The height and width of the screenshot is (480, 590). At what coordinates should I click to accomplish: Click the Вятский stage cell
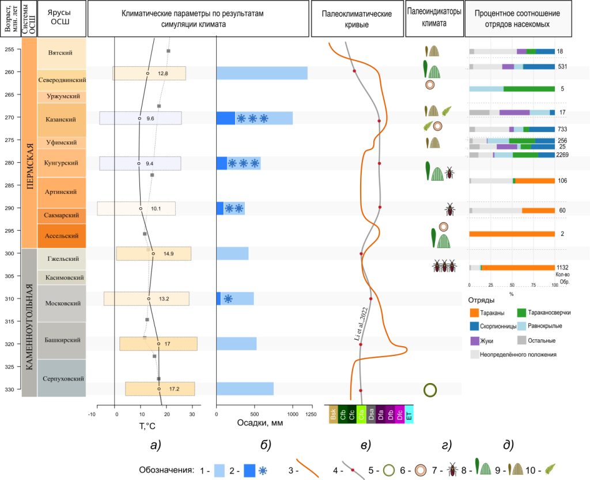(61, 52)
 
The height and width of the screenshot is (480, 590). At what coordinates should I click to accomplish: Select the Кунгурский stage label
(61, 163)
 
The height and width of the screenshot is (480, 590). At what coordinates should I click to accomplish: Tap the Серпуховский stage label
(61, 378)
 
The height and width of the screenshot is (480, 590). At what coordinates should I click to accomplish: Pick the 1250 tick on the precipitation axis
(311, 413)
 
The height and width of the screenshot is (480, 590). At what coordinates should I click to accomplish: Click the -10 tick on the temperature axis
(91, 413)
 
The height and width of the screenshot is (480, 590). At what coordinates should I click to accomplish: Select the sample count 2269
(563, 155)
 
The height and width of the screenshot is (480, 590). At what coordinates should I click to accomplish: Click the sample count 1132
(563, 267)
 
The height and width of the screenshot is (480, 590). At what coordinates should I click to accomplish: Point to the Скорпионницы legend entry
(497, 327)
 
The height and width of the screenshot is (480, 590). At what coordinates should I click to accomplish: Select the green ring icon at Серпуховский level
(430, 390)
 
